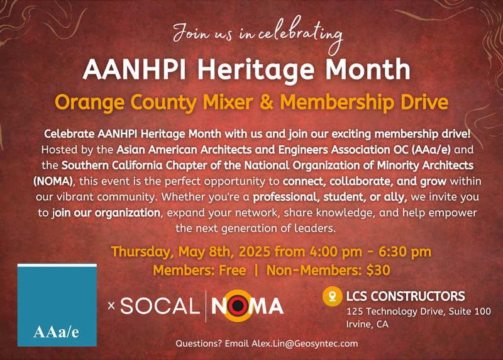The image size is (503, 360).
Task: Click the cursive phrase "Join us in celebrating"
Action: coord(258,35)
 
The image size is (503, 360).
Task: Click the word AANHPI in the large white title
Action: coord(135,69)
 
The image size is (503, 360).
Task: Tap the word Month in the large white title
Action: coord(368,69)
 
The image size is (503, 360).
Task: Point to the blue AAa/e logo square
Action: coord(57,305)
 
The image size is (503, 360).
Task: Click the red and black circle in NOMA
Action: coord(238,306)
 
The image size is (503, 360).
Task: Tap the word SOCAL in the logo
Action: coord(160,306)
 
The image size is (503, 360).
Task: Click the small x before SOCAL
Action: coord(111,305)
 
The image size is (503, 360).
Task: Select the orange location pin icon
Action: coord(333,296)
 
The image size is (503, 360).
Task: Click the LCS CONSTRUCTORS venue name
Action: coord(406,296)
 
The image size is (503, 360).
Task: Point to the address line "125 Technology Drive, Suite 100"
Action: coord(419,311)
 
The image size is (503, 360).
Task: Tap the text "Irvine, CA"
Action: coord(367,324)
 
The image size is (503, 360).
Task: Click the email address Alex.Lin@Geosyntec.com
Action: coord(304,344)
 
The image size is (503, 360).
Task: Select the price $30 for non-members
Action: coord(379,271)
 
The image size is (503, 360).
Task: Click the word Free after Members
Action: coord(232,271)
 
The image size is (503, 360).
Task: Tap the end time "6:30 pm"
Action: coord(405,252)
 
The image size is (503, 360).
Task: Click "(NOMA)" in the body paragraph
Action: coord(54,181)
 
